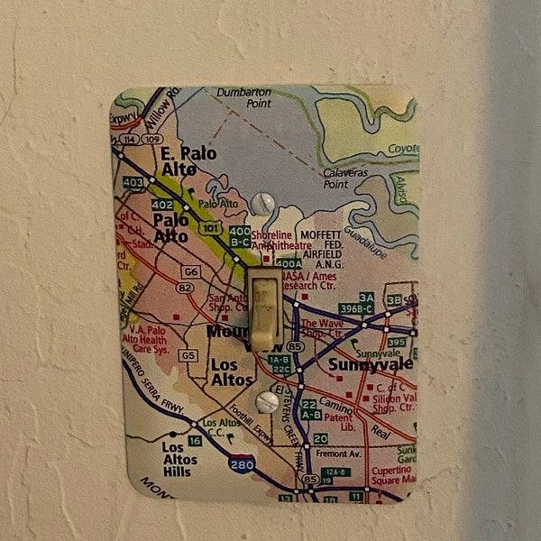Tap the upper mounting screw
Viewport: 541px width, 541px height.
tap(261, 205)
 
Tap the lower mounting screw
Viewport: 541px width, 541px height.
tap(267, 401)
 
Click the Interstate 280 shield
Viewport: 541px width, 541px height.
tap(241, 464)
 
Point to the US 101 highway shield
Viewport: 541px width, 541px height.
tap(211, 229)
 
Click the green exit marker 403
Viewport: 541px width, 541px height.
tap(133, 182)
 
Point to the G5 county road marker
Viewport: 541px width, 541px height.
tap(188, 355)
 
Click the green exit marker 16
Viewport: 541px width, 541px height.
tap(195, 440)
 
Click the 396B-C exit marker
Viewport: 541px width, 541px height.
tap(355, 308)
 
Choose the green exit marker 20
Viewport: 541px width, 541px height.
tap(320, 439)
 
